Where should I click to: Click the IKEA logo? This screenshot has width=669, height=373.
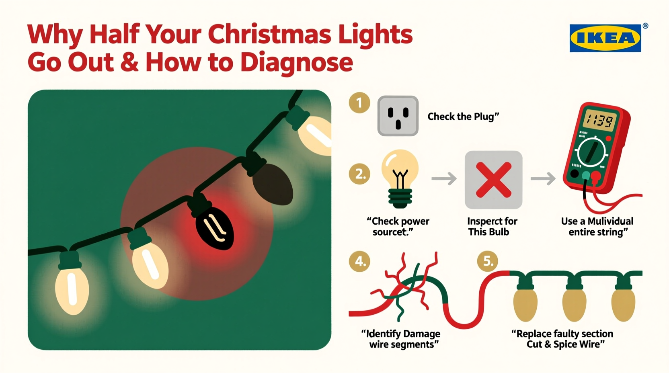(x=605, y=38)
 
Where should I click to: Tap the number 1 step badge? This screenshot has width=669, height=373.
(x=359, y=103)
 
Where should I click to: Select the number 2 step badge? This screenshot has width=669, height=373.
(x=359, y=174)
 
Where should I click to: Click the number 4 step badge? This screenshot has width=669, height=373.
(x=359, y=262)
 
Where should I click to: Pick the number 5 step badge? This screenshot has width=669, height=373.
(x=488, y=262)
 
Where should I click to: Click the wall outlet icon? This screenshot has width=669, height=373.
(x=398, y=116)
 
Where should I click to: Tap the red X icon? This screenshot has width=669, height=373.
(x=493, y=180)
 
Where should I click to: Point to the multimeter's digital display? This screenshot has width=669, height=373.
(x=599, y=120)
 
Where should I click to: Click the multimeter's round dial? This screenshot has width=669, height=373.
(x=591, y=152)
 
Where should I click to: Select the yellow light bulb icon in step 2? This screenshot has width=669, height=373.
(x=400, y=177)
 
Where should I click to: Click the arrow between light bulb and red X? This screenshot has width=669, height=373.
(x=444, y=178)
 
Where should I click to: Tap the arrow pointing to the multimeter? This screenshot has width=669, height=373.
(x=543, y=178)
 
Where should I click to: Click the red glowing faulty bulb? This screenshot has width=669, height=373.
(x=214, y=227)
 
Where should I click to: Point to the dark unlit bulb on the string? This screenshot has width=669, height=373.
(x=273, y=184)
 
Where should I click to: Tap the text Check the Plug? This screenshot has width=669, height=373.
(x=463, y=117)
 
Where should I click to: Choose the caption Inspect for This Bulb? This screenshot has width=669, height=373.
(x=491, y=226)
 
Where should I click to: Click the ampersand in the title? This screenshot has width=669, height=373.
(x=129, y=63)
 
